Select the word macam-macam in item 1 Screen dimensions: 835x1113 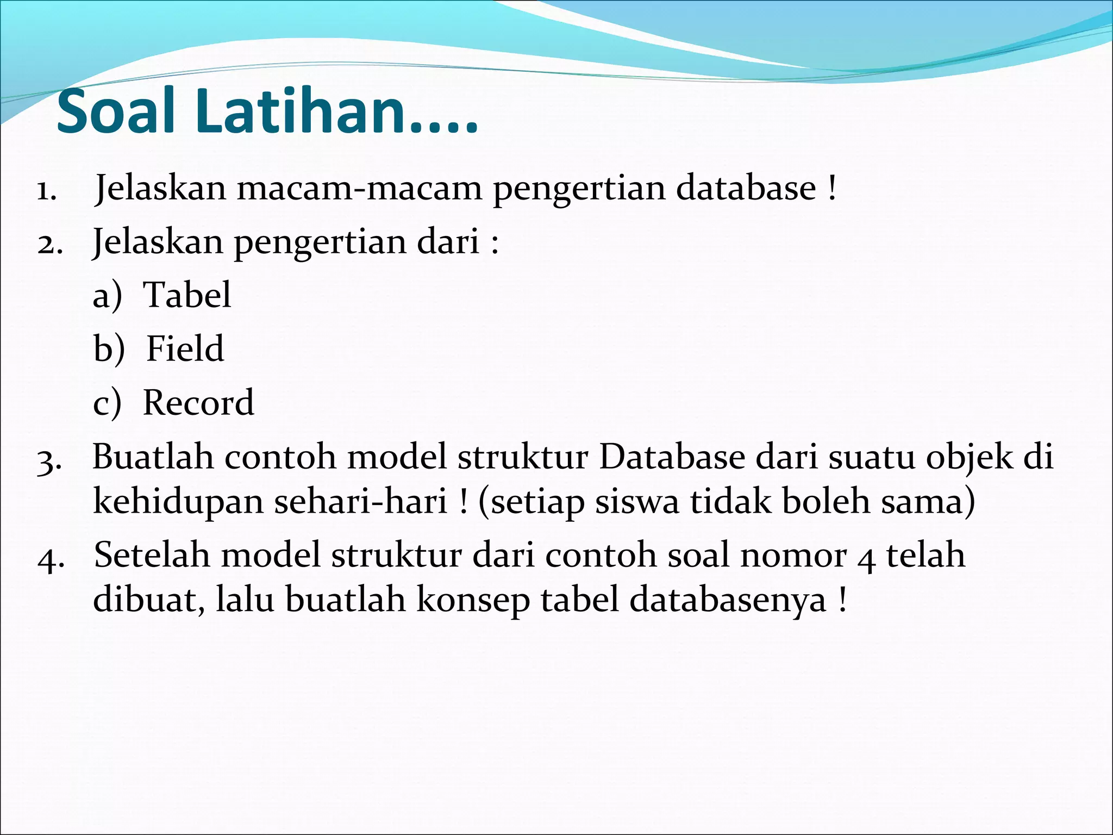click(x=359, y=188)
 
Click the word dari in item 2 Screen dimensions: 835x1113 click(x=448, y=241)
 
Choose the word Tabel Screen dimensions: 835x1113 click(x=187, y=295)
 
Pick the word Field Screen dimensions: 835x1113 click(x=185, y=348)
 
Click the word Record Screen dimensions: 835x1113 click(x=198, y=402)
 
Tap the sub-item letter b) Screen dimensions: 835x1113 click(x=109, y=349)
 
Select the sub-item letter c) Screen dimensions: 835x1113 click(x=107, y=403)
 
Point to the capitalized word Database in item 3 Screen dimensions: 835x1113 click(x=672, y=456)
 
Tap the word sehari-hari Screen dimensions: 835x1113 click(x=360, y=501)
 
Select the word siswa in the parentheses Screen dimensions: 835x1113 click(x=637, y=501)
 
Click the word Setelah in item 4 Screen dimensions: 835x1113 click(x=152, y=555)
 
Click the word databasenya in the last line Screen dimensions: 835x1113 click(x=728, y=600)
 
